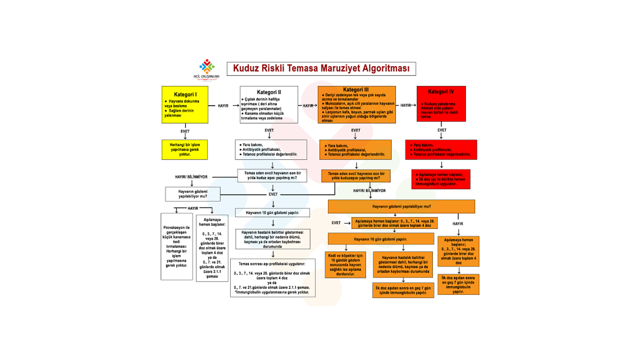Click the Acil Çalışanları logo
pyautogui.click(x=207, y=69)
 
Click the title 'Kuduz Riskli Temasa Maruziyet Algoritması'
pyautogui.click(x=321, y=69)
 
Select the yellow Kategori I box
pyautogui.click(x=185, y=105)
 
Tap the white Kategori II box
pyautogui.click(x=269, y=105)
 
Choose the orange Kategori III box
pyautogui.click(x=357, y=105)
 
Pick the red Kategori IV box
pyautogui.click(x=441, y=104)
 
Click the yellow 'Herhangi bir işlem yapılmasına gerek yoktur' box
pyautogui.click(x=185, y=150)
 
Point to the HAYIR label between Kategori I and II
pyautogui.click(x=223, y=106)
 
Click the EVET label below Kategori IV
pyautogui.click(x=442, y=130)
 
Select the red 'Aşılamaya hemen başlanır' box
pyautogui.click(x=441, y=179)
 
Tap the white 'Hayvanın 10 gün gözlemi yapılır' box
pyautogui.click(x=272, y=213)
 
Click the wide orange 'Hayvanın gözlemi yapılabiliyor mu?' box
pyautogui.click(x=401, y=207)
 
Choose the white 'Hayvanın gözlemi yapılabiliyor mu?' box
pyautogui.click(x=193, y=194)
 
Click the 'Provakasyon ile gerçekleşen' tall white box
pyautogui.click(x=177, y=247)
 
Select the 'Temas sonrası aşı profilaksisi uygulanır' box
pyautogui.click(x=273, y=278)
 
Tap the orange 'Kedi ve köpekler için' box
pyautogui.click(x=345, y=265)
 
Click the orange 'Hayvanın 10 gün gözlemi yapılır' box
pyautogui.click(x=381, y=239)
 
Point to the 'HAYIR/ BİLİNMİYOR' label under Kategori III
pyautogui.click(x=369, y=191)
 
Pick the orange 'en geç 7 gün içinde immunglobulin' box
pyautogui.click(x=458, y=284)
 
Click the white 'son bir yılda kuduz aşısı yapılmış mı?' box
pyautogui.click(x=272, y=176)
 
